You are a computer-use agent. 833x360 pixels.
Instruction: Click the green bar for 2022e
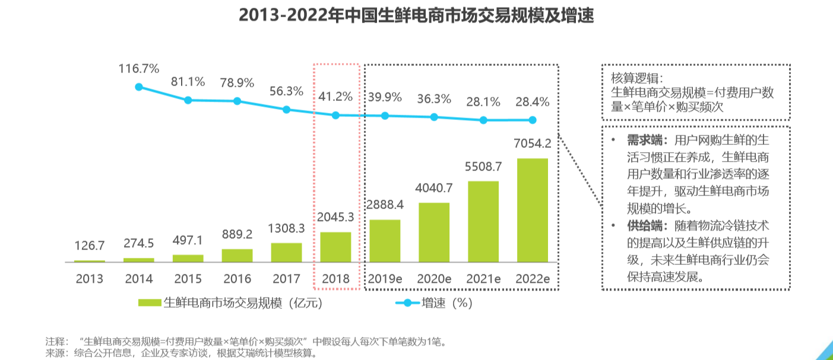point(533,210)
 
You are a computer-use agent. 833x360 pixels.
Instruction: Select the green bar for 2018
point(335,247)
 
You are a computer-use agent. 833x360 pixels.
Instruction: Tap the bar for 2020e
point(434,232)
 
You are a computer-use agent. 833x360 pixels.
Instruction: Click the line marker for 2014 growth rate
point(139,87)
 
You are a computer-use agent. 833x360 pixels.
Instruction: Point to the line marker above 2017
point(286,109)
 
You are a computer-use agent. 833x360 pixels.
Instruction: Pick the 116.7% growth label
point(139,68)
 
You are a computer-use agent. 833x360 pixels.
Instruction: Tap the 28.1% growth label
point(483,102)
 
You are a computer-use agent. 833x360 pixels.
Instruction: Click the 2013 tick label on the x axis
point(90,279)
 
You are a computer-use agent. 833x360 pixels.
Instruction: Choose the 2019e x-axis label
point(385,279)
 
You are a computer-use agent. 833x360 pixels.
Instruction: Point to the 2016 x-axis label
point(237,279)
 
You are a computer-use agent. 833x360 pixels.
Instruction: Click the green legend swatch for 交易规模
point(149,303)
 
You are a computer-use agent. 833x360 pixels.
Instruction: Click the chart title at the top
point(416,15)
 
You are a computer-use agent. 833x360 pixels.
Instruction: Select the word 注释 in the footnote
point(55,342)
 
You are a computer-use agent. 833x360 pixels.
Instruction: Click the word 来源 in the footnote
point(55,353)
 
